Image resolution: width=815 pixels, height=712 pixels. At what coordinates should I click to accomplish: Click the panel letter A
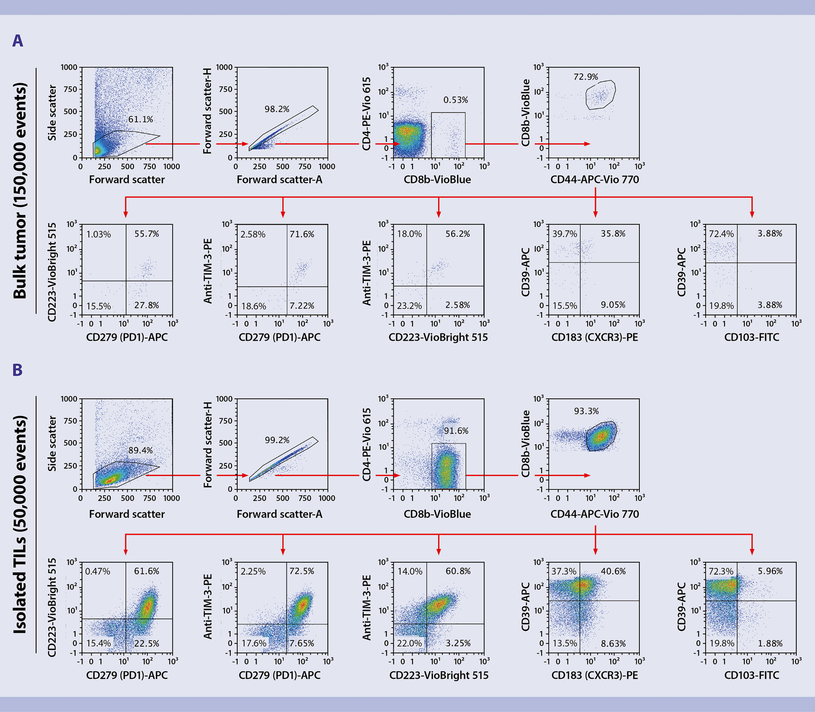pos(17,41)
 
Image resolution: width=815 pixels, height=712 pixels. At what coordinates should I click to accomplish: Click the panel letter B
pos(17,370)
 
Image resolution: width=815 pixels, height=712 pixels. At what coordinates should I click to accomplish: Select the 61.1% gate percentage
pos(141,119)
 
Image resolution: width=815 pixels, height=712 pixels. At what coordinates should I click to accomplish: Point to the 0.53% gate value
pos(455,100)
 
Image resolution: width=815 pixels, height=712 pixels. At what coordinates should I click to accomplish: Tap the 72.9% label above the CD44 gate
pos(586,77)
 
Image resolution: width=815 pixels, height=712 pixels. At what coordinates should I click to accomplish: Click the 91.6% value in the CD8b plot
pos(456,431)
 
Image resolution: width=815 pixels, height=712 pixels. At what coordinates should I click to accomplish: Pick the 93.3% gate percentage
pos(586,411)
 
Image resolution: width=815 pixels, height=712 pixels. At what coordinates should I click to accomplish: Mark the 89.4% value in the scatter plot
pos(141,450)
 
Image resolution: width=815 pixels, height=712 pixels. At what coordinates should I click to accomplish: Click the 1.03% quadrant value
pos(98,234)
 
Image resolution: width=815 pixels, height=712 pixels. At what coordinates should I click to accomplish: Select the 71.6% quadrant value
pos(302,234)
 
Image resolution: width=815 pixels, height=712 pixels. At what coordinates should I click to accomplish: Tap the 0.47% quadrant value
pos(98,571)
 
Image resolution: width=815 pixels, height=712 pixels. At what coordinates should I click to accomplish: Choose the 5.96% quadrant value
pos(770,571)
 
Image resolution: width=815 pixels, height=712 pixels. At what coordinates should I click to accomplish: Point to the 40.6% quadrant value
pos(613,571)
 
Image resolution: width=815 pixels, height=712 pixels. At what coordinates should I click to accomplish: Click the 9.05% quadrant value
pos(613,305)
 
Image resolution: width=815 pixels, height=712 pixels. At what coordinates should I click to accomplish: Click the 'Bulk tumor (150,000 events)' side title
pos(20,191)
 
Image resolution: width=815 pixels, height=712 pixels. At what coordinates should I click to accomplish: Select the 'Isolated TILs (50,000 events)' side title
pos(20,524)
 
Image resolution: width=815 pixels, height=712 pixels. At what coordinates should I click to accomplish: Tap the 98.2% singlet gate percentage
pos(277,109)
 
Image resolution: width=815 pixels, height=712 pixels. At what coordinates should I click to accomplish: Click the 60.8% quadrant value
pos(458,571)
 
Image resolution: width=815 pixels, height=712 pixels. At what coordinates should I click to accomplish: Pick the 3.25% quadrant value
pos(458,643)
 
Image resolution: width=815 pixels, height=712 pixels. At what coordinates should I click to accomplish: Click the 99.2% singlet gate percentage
pos(277,440)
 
